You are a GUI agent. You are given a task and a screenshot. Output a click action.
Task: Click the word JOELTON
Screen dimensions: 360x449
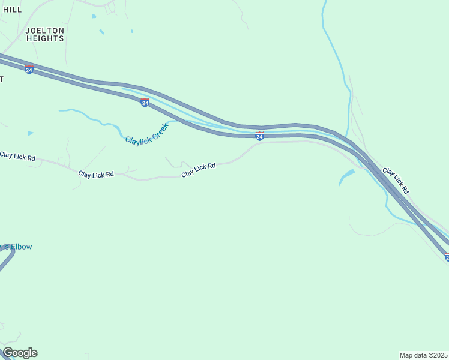pyautogui.click(x=44, y=29)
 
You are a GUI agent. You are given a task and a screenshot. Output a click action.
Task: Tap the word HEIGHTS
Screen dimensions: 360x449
pyautogui.click(x=44, y=38)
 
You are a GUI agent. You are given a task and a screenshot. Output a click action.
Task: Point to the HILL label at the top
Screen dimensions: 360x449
pyautogui.click(x=12, y=10)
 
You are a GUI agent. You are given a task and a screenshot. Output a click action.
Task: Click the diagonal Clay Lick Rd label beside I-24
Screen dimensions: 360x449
pyautogui.click(x=396, y=181)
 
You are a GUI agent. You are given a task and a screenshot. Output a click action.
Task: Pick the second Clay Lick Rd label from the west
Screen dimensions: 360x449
pyautogui.click(x=96, y=174)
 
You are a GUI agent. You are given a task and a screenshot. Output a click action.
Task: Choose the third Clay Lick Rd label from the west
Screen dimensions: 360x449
pyautogui.click(x=199, y=170)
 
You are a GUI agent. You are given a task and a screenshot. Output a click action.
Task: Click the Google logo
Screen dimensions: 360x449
pyautogui.click(x=20, y=353)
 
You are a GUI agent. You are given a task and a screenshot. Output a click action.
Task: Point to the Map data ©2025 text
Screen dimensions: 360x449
pyautogui.click(x=423, y=355)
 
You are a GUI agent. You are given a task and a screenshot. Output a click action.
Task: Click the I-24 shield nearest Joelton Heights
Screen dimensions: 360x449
pyautogui.click(x=29, y=70)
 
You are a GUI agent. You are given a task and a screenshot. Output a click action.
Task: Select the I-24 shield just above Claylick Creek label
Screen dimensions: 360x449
pyautogui.click(x=145, y=103)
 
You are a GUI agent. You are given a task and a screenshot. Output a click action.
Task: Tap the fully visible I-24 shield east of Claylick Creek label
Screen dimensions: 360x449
pyautogui.click(x=259, y=136)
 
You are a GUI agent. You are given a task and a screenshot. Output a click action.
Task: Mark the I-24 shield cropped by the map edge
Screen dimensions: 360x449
pyautogui.click(x=446, y=257)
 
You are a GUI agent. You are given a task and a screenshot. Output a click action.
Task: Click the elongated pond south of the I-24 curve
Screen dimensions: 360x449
pyautogui.click(x=346, y=177)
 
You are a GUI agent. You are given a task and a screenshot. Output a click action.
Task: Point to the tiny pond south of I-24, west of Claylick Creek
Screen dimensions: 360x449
pyautogui.click(x=30, y=133)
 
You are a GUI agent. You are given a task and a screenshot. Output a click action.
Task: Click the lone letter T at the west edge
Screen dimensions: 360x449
pyautogui.click(x=2, y=79)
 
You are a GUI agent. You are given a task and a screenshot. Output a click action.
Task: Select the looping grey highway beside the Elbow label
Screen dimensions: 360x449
pyautogui.click(x=8, y=259)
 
